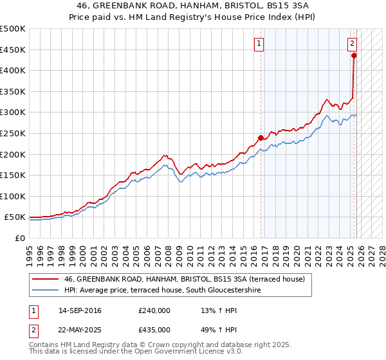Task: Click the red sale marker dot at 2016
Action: coord(261,138)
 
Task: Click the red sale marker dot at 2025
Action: coord(354,55)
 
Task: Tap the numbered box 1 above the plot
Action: coord(259,44)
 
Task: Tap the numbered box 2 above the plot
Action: coord(353,44)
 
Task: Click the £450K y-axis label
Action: coord(13,50)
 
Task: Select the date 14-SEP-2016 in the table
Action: coord(80,310)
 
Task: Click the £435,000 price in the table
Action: coord(154,329)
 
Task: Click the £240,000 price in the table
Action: coord(154,310)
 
